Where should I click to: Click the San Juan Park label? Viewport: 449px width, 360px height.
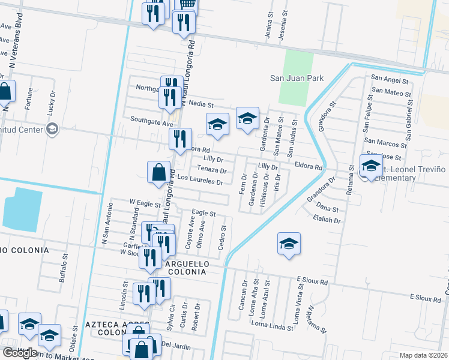[297, 78]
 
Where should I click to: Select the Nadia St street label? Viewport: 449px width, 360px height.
[201, 104]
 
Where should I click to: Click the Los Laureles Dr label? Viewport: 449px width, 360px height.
[200, 179]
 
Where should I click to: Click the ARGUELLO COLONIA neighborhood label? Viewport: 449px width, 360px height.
[187, 268]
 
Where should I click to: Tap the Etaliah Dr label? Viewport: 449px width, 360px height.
[327, 220]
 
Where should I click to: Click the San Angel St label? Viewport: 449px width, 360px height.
[390, 79]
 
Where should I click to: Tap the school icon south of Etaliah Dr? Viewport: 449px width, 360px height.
[289, 243]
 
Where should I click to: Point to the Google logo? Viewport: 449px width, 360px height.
[20, 353]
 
